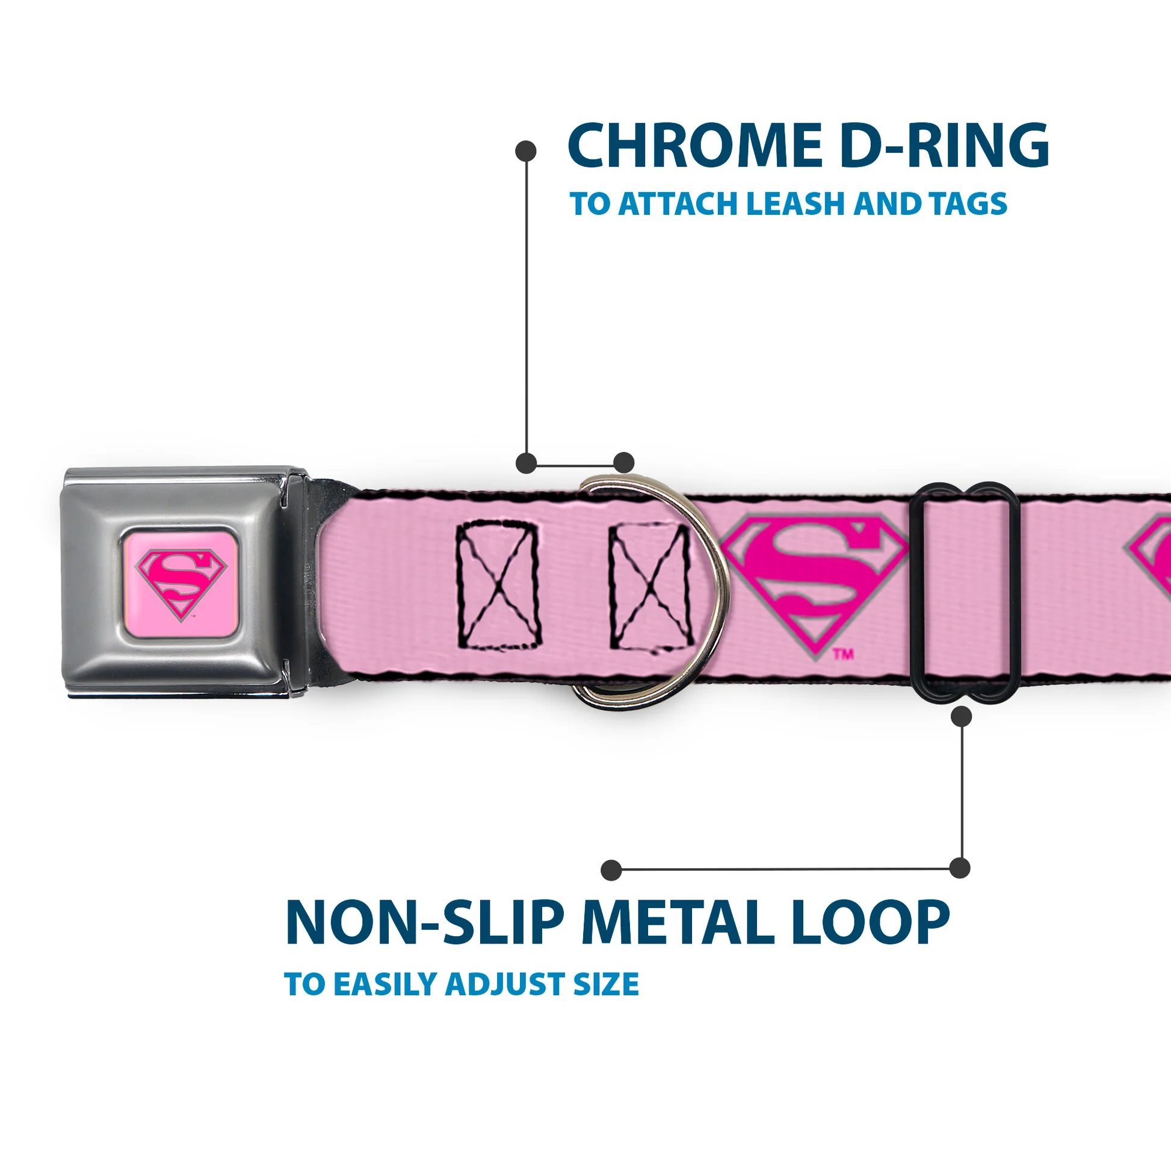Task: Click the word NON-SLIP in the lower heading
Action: click(424, 924)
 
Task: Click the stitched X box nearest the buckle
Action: click(497, 586)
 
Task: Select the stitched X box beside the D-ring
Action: click(650, 586)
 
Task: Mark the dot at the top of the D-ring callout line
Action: click(525, 151)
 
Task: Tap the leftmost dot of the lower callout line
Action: click(611, 870)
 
